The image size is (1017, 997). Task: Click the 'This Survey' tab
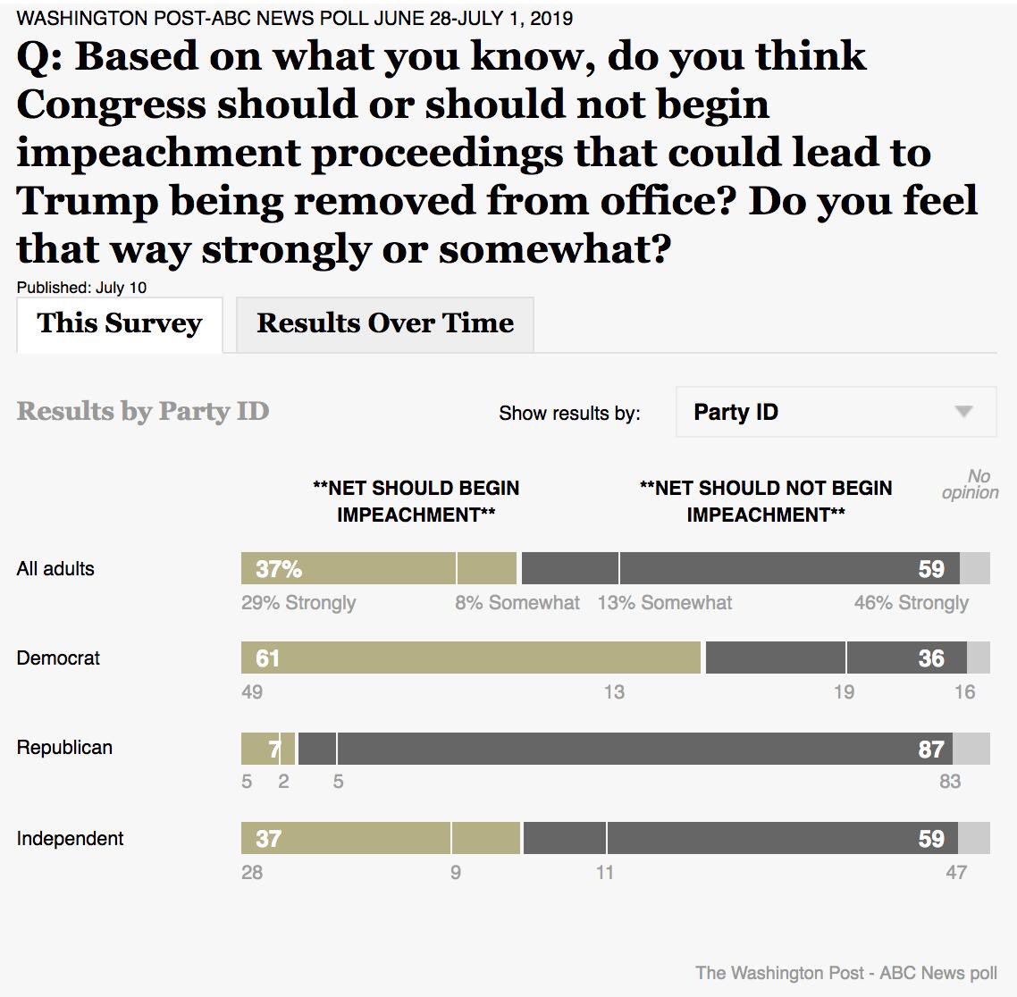[120, 323]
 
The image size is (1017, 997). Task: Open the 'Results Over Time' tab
[385, 323]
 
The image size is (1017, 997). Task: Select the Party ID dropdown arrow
[963, 412]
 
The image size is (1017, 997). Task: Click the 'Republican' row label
[64, 748]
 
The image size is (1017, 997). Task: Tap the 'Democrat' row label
[58, 658]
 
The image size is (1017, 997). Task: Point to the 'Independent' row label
[70, 839]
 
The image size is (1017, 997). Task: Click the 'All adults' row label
[55, 569]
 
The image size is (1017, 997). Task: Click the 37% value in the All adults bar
[279, 569]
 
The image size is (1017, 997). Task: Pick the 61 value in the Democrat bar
[268, 658]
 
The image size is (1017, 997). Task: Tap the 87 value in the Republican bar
[931, 749]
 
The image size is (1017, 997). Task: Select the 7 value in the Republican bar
[274, 749]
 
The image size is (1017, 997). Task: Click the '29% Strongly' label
[298, 603]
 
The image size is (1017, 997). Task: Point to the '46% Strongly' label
[911, 603]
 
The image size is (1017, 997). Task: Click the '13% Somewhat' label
[665, 603]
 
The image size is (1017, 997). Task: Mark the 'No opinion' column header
[971, 484]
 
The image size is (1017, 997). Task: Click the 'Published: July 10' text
[81, 288]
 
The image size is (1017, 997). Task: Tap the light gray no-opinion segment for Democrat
[979, 658]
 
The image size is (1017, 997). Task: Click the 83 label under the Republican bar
[950, 782]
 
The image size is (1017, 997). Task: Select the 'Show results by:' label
[569, 413]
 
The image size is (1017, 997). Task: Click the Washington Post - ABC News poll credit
[846, 973]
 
